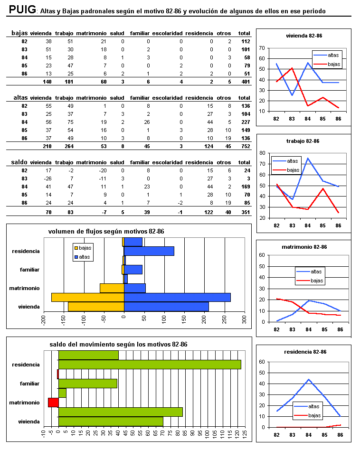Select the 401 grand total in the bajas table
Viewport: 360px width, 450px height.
tap(245, 82)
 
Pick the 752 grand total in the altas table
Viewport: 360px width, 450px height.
tap(245, 146)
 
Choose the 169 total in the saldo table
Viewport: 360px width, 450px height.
tap(245, 187)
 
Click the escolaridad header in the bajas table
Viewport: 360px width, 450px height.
tap(167, 33)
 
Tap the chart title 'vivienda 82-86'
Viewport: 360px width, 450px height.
tap(303, 36)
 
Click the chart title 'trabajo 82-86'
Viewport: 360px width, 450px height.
tap(303, 141)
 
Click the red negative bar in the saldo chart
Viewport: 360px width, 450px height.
tap(53, 403)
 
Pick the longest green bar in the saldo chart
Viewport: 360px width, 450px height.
tap(150, 365)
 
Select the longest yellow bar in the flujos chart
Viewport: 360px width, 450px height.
tap(87, 297)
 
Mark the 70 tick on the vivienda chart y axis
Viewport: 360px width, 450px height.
tap(262, 48)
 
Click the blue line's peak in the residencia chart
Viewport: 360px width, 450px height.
tap(309, 379)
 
